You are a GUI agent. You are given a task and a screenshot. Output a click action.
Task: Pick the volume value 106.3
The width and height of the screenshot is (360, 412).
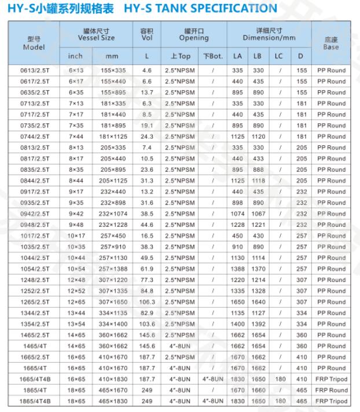(x=146, y=302)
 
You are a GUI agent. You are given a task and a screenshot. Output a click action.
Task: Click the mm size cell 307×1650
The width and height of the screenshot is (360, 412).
(x=112, y=302)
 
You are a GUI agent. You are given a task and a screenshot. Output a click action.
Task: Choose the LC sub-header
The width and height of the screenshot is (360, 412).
(x=279, y=56)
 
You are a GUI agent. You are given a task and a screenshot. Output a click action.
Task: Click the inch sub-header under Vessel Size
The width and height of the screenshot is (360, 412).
(x=75, y=56)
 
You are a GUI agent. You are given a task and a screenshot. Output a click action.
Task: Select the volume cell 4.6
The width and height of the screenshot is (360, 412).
(x=146, y=71)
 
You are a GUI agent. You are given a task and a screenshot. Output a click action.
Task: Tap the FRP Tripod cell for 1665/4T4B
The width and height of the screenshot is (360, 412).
(x=331, y=379)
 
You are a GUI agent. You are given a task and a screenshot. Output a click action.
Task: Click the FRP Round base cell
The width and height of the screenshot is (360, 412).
(x=331, y=390)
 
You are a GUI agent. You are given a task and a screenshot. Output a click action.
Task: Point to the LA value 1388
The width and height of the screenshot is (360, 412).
(x=237, y=269)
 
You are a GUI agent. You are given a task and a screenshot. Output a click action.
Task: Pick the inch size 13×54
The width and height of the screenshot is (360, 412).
(x=75, y=324)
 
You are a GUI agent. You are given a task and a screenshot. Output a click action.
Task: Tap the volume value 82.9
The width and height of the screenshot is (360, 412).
(x=146, y=313)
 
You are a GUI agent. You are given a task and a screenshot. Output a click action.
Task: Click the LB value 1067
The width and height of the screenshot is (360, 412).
(x=258, y=214)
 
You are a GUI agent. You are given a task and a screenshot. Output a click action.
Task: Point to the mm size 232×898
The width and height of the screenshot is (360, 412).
(x=112, y=203)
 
